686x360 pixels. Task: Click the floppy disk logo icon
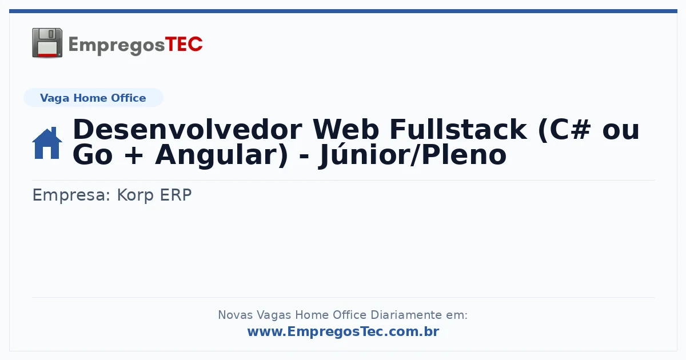click(x=47, y=43)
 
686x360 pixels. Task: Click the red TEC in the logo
click(x=184, y=45)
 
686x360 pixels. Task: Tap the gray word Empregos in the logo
click(x=117, y=46)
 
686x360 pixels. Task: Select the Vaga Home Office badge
click(x=93, y=98)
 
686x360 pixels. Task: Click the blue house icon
click(x=47, y=143)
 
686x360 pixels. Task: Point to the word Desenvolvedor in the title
click(x=188, y=130)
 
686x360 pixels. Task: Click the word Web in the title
click(x=346, y=130)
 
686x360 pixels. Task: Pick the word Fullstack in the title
click(x=458, y=130)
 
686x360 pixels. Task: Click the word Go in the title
click(x=93, y=155)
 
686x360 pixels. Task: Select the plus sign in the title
click(x=134, y=156)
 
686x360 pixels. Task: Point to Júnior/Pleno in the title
click(x=413, y=155)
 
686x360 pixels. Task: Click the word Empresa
click(x=71, y=195)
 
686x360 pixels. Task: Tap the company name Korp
click(x=135, y=195)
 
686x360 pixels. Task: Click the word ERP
click(x=176, y=195)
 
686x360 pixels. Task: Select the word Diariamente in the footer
click(x=406, y=315)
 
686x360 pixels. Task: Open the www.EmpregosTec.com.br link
click(x=344, y=331)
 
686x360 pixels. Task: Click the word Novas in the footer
click(x=236, y=315)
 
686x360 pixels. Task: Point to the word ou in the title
click(x=621, y=131)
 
